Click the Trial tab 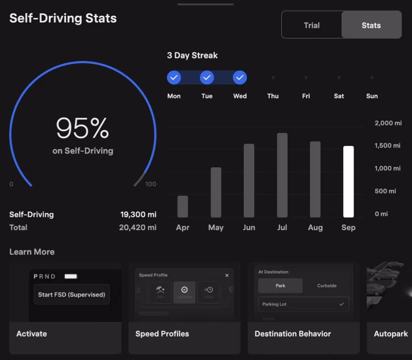[311, 25]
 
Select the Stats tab [371, 25]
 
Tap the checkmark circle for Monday [174, 78]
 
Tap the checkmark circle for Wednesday [240, 78]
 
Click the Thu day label [273, 96]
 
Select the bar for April [183, 206]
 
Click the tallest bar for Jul [282, 175]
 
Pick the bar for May [216, 192]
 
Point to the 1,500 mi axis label [387, 146]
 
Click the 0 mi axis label [381, 214]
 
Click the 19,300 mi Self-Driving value [138, 215]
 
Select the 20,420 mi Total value [138, 227]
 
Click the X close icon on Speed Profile [227, 275]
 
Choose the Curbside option [327, 286]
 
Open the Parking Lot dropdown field [303, 304]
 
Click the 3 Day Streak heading [192, 56]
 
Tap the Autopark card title [391, 334]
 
